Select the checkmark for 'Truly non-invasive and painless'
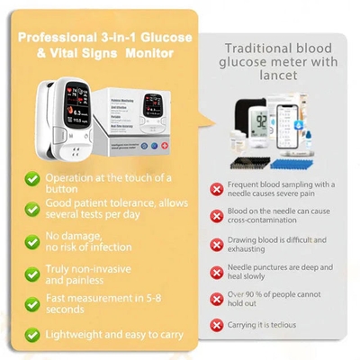pos(32,272)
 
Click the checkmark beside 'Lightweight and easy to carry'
pos(32,334)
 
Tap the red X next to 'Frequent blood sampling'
pos(217,189)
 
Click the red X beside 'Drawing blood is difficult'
pos(217,243)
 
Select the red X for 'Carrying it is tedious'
pos(217,323)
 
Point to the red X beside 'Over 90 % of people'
pos(217,297)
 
